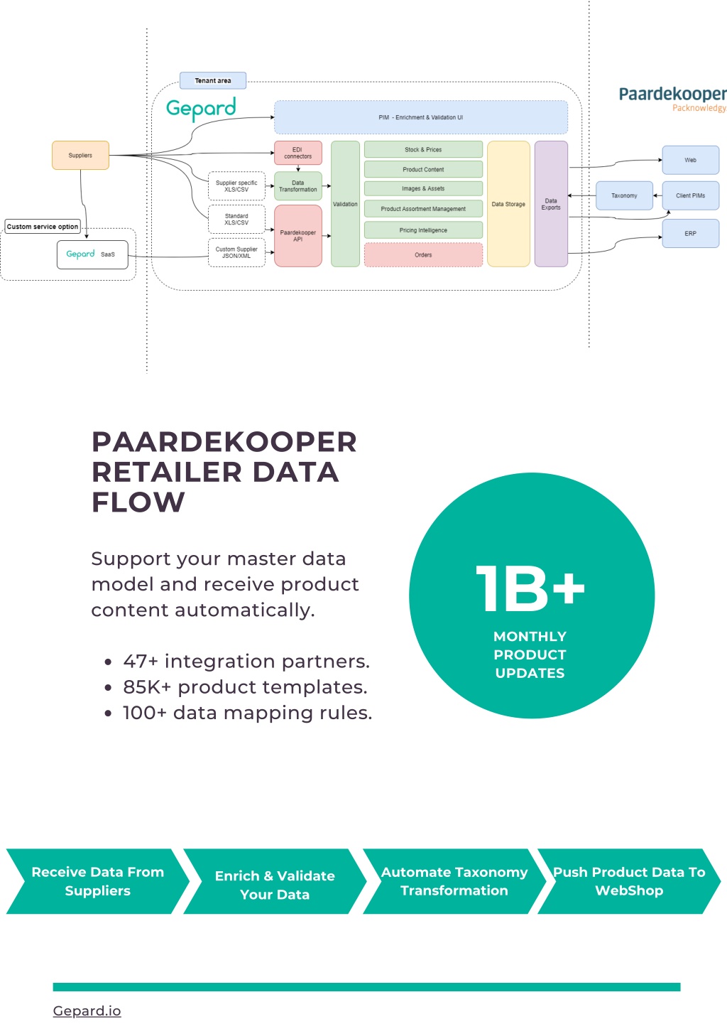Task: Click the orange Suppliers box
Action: pos(80,155)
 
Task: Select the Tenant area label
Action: pos(212,80)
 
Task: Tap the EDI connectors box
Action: pos(298,153)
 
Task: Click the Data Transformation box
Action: pos(298,186)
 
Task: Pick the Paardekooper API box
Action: pos(298,236)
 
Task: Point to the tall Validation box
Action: pos(345,204)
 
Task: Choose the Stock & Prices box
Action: pos(423,149)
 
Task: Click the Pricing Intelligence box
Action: pos(423,230)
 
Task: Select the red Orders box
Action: pos(423,255)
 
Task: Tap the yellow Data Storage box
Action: pos(508,204)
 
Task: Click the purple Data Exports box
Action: pos(551,204)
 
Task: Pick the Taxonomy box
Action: pos(624,195)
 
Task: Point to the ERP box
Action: pos(690,233)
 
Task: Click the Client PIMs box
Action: pos(690,195)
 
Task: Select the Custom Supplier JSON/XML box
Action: pos(236,253)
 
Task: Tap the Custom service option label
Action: pos(43,227)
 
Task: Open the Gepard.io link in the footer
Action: pos(87,1011)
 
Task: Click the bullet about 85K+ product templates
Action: pos(236,687)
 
